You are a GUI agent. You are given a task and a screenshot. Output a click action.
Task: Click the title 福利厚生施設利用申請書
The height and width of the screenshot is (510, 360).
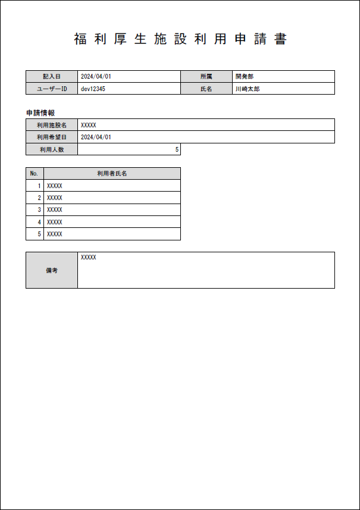[x=180, y=39]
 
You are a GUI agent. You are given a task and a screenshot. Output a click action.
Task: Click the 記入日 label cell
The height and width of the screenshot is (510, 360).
[x=52, y=77]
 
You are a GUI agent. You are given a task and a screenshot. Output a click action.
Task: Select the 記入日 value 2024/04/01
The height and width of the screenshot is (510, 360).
[x=96, y=77]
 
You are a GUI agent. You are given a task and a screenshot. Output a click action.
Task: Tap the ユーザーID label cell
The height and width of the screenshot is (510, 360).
[x=52, y=89]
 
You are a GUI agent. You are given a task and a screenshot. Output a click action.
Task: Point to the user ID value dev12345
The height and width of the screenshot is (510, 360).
[x=93, y=89]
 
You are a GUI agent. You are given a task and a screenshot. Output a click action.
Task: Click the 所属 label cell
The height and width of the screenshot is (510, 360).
[x=206, y=77]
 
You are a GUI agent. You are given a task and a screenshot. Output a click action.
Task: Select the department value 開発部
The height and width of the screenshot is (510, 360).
[x=245, y=77]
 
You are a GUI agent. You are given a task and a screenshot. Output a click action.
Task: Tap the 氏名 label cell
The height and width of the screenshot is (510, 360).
[x=206, y=89]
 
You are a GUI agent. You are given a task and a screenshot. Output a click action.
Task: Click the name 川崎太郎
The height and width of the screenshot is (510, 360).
[x=247, y=89]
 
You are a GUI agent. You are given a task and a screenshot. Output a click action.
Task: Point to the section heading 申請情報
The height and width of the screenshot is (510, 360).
[x=41, y=112]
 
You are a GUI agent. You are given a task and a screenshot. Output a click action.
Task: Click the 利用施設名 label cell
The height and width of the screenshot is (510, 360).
[x=52, y=125]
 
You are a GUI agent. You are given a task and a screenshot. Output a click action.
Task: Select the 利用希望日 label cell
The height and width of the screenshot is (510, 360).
[x=52, y=137]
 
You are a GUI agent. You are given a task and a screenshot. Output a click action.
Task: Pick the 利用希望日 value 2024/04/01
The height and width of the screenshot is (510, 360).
[x=96, y=137]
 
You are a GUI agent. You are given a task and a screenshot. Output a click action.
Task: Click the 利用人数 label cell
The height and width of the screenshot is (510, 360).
[x=52, y=149]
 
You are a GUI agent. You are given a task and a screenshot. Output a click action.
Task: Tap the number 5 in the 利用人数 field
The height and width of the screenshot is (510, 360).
[x=177, y=149]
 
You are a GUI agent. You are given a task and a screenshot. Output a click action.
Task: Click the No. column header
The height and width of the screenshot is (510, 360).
[x=35, y=174]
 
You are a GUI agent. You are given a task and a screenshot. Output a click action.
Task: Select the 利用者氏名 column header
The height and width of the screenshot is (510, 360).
[x=112, y=174]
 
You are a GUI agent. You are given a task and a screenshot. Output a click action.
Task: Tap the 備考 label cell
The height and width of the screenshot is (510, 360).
[x=52, y=270]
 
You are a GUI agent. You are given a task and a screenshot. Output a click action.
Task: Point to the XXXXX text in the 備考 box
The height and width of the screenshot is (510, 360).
[x=89, y=258]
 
